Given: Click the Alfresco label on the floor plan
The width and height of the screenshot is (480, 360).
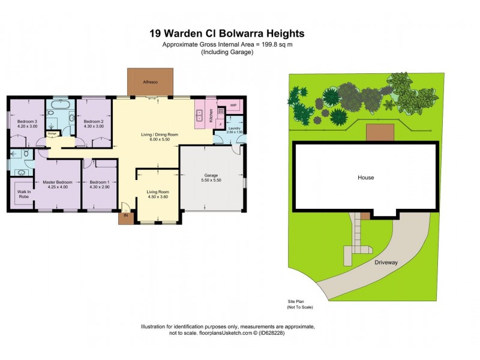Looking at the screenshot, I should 150,82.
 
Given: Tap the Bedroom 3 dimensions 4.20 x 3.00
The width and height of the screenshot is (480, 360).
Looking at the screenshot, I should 27,127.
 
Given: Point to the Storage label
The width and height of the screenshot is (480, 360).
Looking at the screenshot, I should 52,134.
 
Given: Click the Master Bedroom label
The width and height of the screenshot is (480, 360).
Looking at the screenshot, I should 58,182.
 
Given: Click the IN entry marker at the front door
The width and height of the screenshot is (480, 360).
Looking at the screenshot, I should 126,215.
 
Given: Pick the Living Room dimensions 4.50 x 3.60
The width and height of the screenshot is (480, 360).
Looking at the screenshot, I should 159,196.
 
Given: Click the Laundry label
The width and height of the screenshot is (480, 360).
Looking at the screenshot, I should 235,128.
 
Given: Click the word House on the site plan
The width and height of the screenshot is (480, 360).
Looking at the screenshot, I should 365,177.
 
